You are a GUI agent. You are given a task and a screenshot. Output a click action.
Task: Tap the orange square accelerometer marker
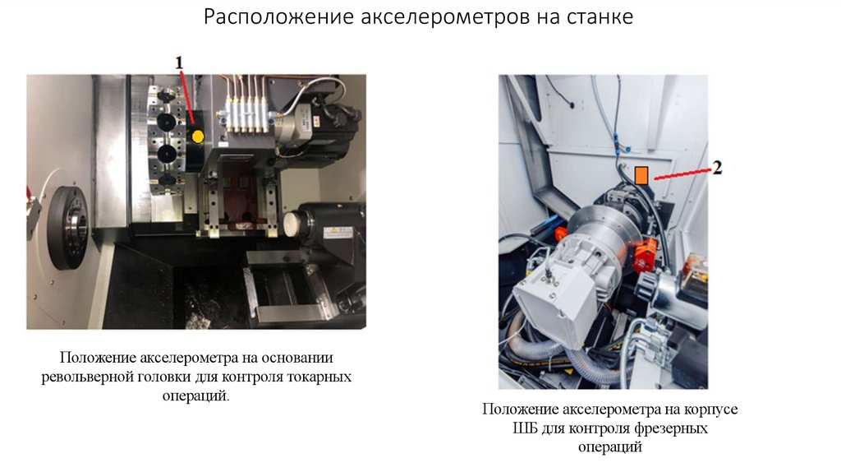click(x=641, y=174)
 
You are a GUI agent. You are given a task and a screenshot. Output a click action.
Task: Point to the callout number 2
click(x=716, y=168)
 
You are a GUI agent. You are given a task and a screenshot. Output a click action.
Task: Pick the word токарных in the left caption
click(x=320, y=377)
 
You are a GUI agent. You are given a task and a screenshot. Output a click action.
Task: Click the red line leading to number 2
click(x=680, y=172)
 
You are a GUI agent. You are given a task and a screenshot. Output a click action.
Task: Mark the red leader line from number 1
click(x=186, y=95)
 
